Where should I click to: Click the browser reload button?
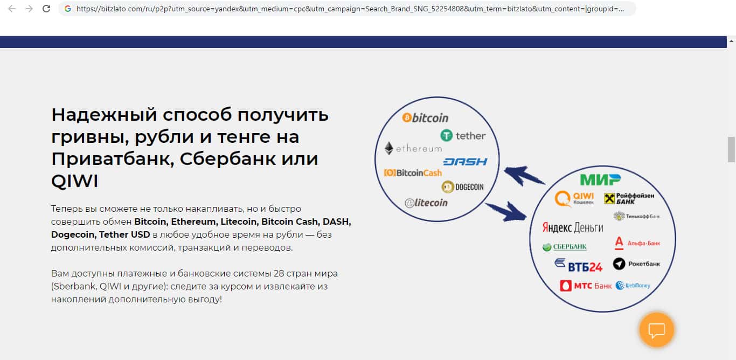click(46, 9)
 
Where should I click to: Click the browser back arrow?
click(12, 9)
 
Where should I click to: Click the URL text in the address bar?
click(350, 9)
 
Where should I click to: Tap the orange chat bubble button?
click(656, 330)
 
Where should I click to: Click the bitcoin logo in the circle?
click(425, 117)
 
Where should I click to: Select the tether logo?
click(463, 135)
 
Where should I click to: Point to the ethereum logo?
click(413, 149)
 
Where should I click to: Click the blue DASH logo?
click(466, 162)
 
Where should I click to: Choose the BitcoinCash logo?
click(413, 172)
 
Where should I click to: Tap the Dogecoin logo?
click(462, 187)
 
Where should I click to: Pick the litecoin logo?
click(426, 203)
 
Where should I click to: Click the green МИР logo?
click(600, 180)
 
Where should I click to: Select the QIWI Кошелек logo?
click(574, 198)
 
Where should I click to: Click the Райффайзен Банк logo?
click(629, 198)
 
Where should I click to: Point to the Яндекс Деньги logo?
click(573, 227)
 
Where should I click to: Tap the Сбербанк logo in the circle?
click(565, 247)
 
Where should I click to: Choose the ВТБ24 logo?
click(578, 265)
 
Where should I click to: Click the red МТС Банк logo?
click(586, 286)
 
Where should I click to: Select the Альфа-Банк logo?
click(637, 243)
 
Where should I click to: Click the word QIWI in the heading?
click(74, 181)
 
